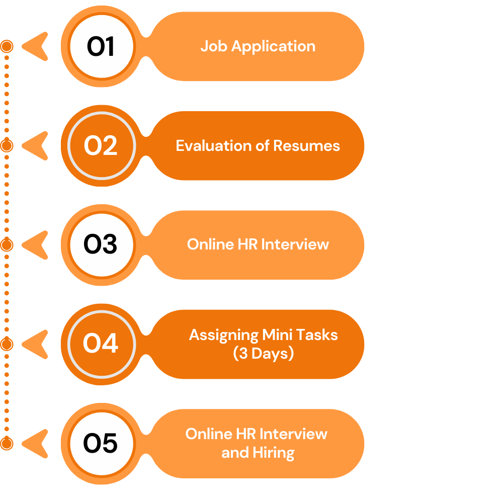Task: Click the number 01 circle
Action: (101, 47)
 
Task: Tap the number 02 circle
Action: (101, 146)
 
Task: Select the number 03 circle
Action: (101, 245)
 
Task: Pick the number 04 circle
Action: (101, 344)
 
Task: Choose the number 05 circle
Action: (101, 444)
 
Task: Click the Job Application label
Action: (258, 46)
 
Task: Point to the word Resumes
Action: (306, 146)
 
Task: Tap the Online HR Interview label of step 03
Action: (258, 244)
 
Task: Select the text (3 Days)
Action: (264, 353)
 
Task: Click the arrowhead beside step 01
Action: (36, 47)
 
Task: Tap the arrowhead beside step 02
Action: (36, 146)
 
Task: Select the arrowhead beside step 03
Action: (36, 245)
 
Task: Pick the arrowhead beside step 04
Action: (36, 344)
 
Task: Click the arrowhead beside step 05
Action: (36, 444)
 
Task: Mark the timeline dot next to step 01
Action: (7, 47)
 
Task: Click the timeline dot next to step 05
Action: (7, 443)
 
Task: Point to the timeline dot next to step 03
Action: (7, 245)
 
